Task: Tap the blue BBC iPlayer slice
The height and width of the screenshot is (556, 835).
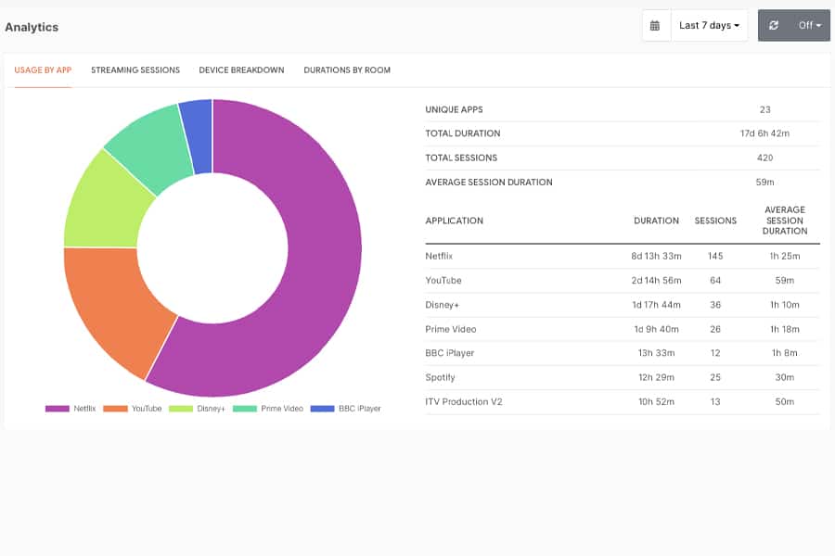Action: click(197, 136)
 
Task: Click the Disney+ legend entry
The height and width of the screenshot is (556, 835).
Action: click(197, 409)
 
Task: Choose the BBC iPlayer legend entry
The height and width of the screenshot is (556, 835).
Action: click(346, 409)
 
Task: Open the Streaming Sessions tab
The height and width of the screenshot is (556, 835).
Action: click(135, 70)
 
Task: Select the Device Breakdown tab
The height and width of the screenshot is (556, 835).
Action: click(242, 70)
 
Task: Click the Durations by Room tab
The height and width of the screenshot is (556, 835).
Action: click(347, 70)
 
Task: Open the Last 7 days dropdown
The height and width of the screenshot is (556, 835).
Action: click(710, 26)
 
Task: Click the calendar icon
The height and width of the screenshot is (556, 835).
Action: click(655, 26)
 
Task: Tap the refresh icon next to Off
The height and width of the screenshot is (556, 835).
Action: click(774, 26)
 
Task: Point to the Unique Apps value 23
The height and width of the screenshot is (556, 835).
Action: click(765, 109)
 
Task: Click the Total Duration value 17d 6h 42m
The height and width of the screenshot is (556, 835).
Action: click(764, 133)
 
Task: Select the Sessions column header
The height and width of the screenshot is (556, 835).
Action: click(715, 221)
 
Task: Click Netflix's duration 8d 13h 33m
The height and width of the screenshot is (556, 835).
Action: click(656, 256)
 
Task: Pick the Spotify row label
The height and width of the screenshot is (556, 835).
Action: click(441, 377)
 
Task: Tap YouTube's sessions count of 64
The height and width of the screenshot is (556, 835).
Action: click(715, 281)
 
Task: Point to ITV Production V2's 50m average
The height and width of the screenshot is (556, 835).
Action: click(784, 401)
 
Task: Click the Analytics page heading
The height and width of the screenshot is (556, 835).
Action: click(32, 27)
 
